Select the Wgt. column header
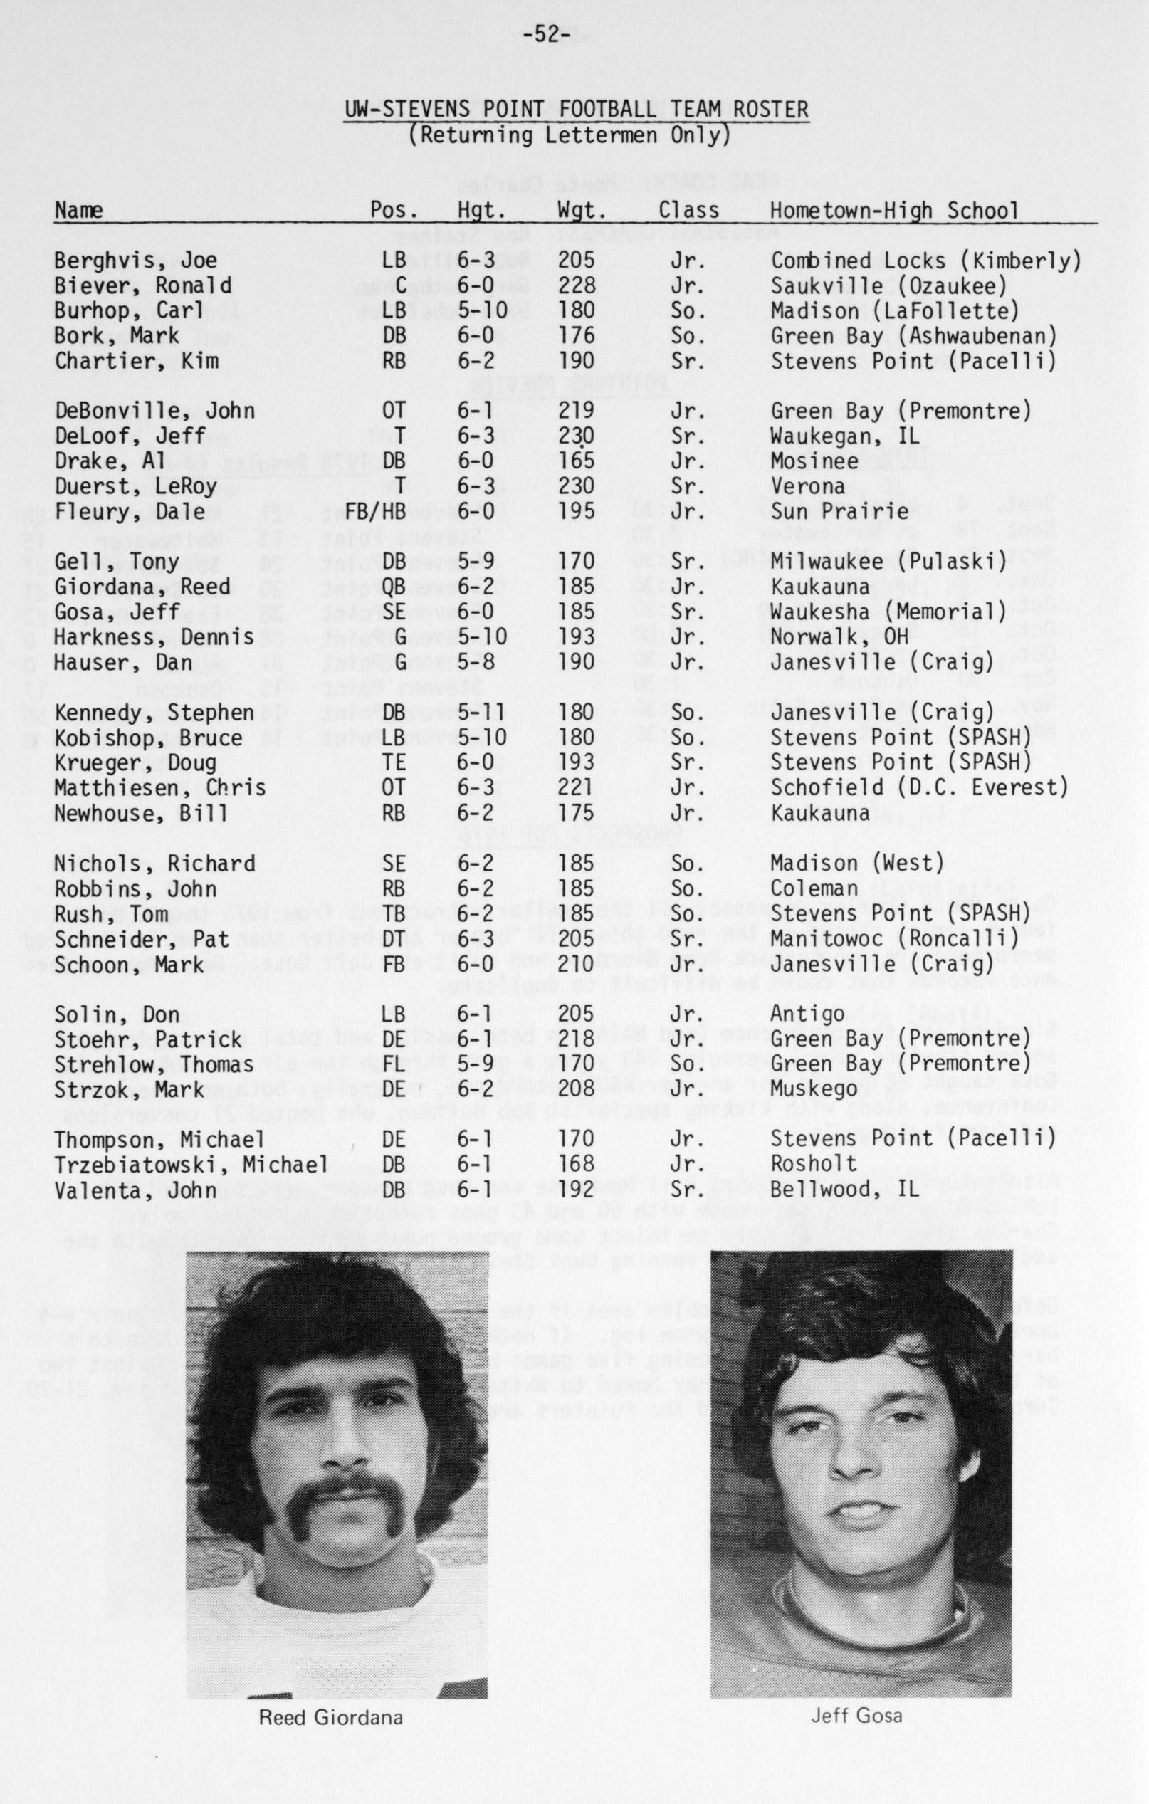click(581, 211)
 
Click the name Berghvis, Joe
click(135, 261)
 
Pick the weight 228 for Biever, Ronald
click(577, 285)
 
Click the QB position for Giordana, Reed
click(393, 587)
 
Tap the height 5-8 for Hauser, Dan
click(476, 662)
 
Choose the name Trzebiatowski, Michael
click(191, 1164)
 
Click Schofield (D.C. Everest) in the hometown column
click(919, 787)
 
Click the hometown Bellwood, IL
click(846, 1190)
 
